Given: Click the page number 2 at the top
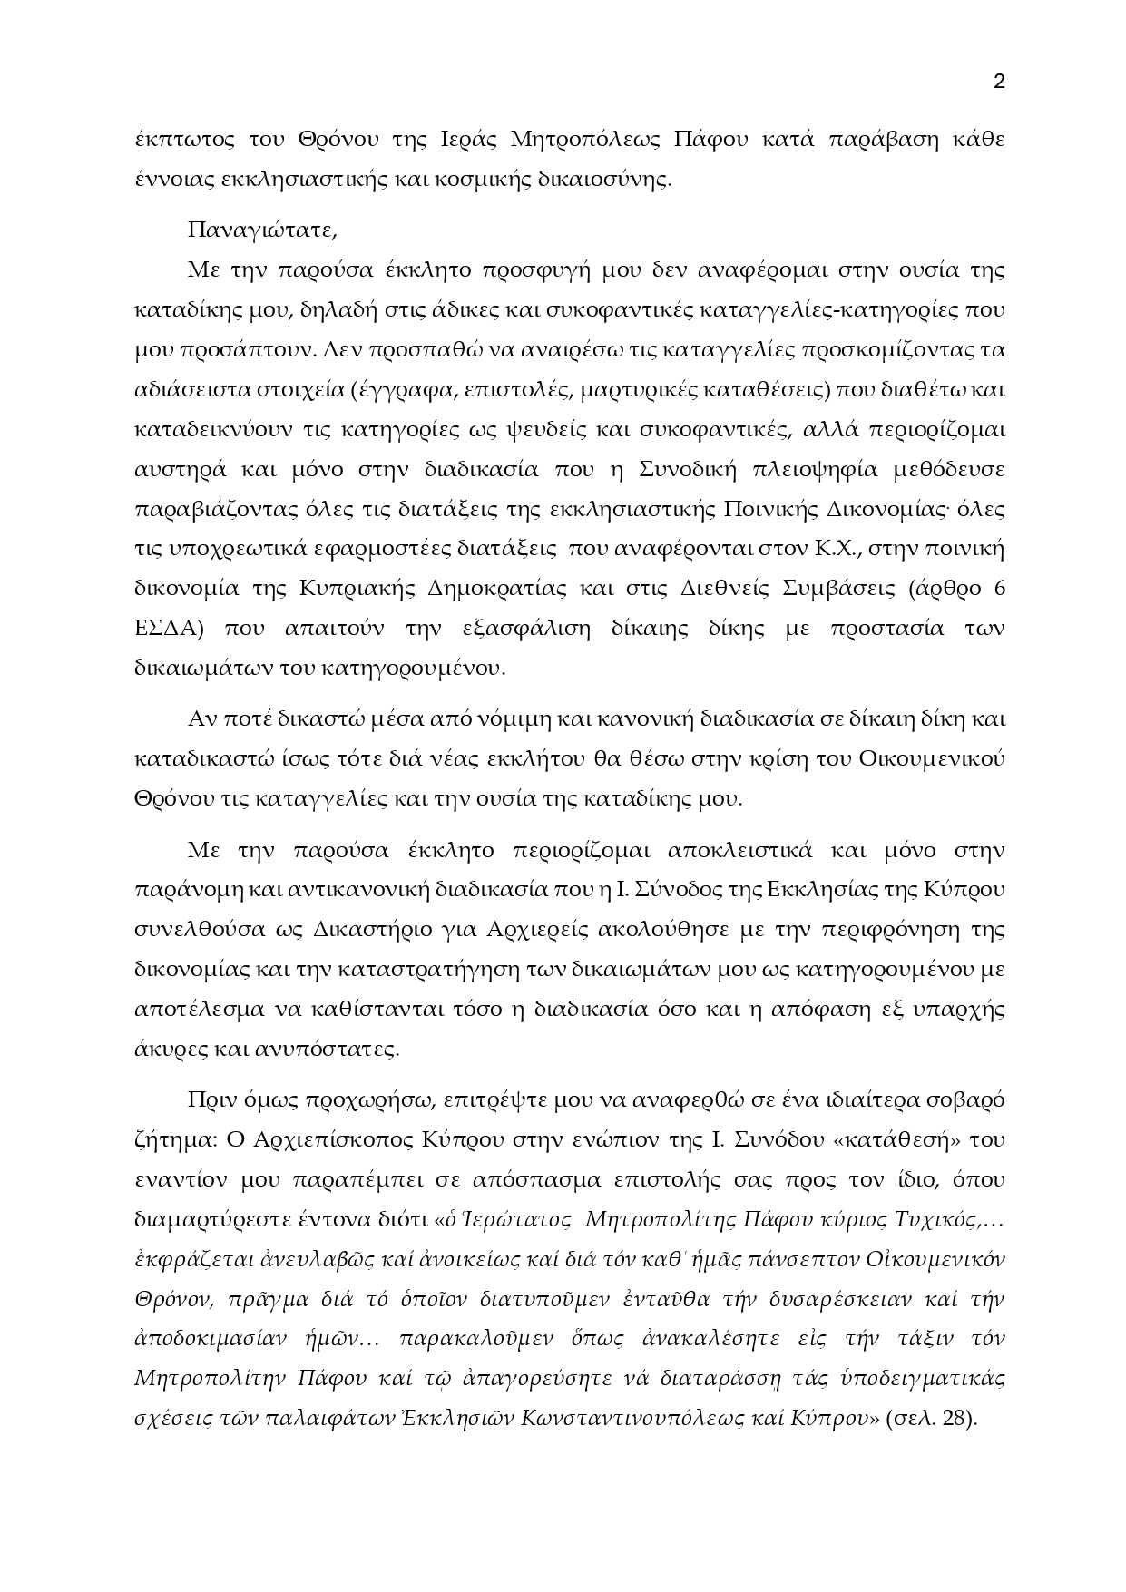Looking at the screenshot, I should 999,83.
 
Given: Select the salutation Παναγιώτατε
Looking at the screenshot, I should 262,230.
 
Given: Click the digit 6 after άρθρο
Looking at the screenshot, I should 999,589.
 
